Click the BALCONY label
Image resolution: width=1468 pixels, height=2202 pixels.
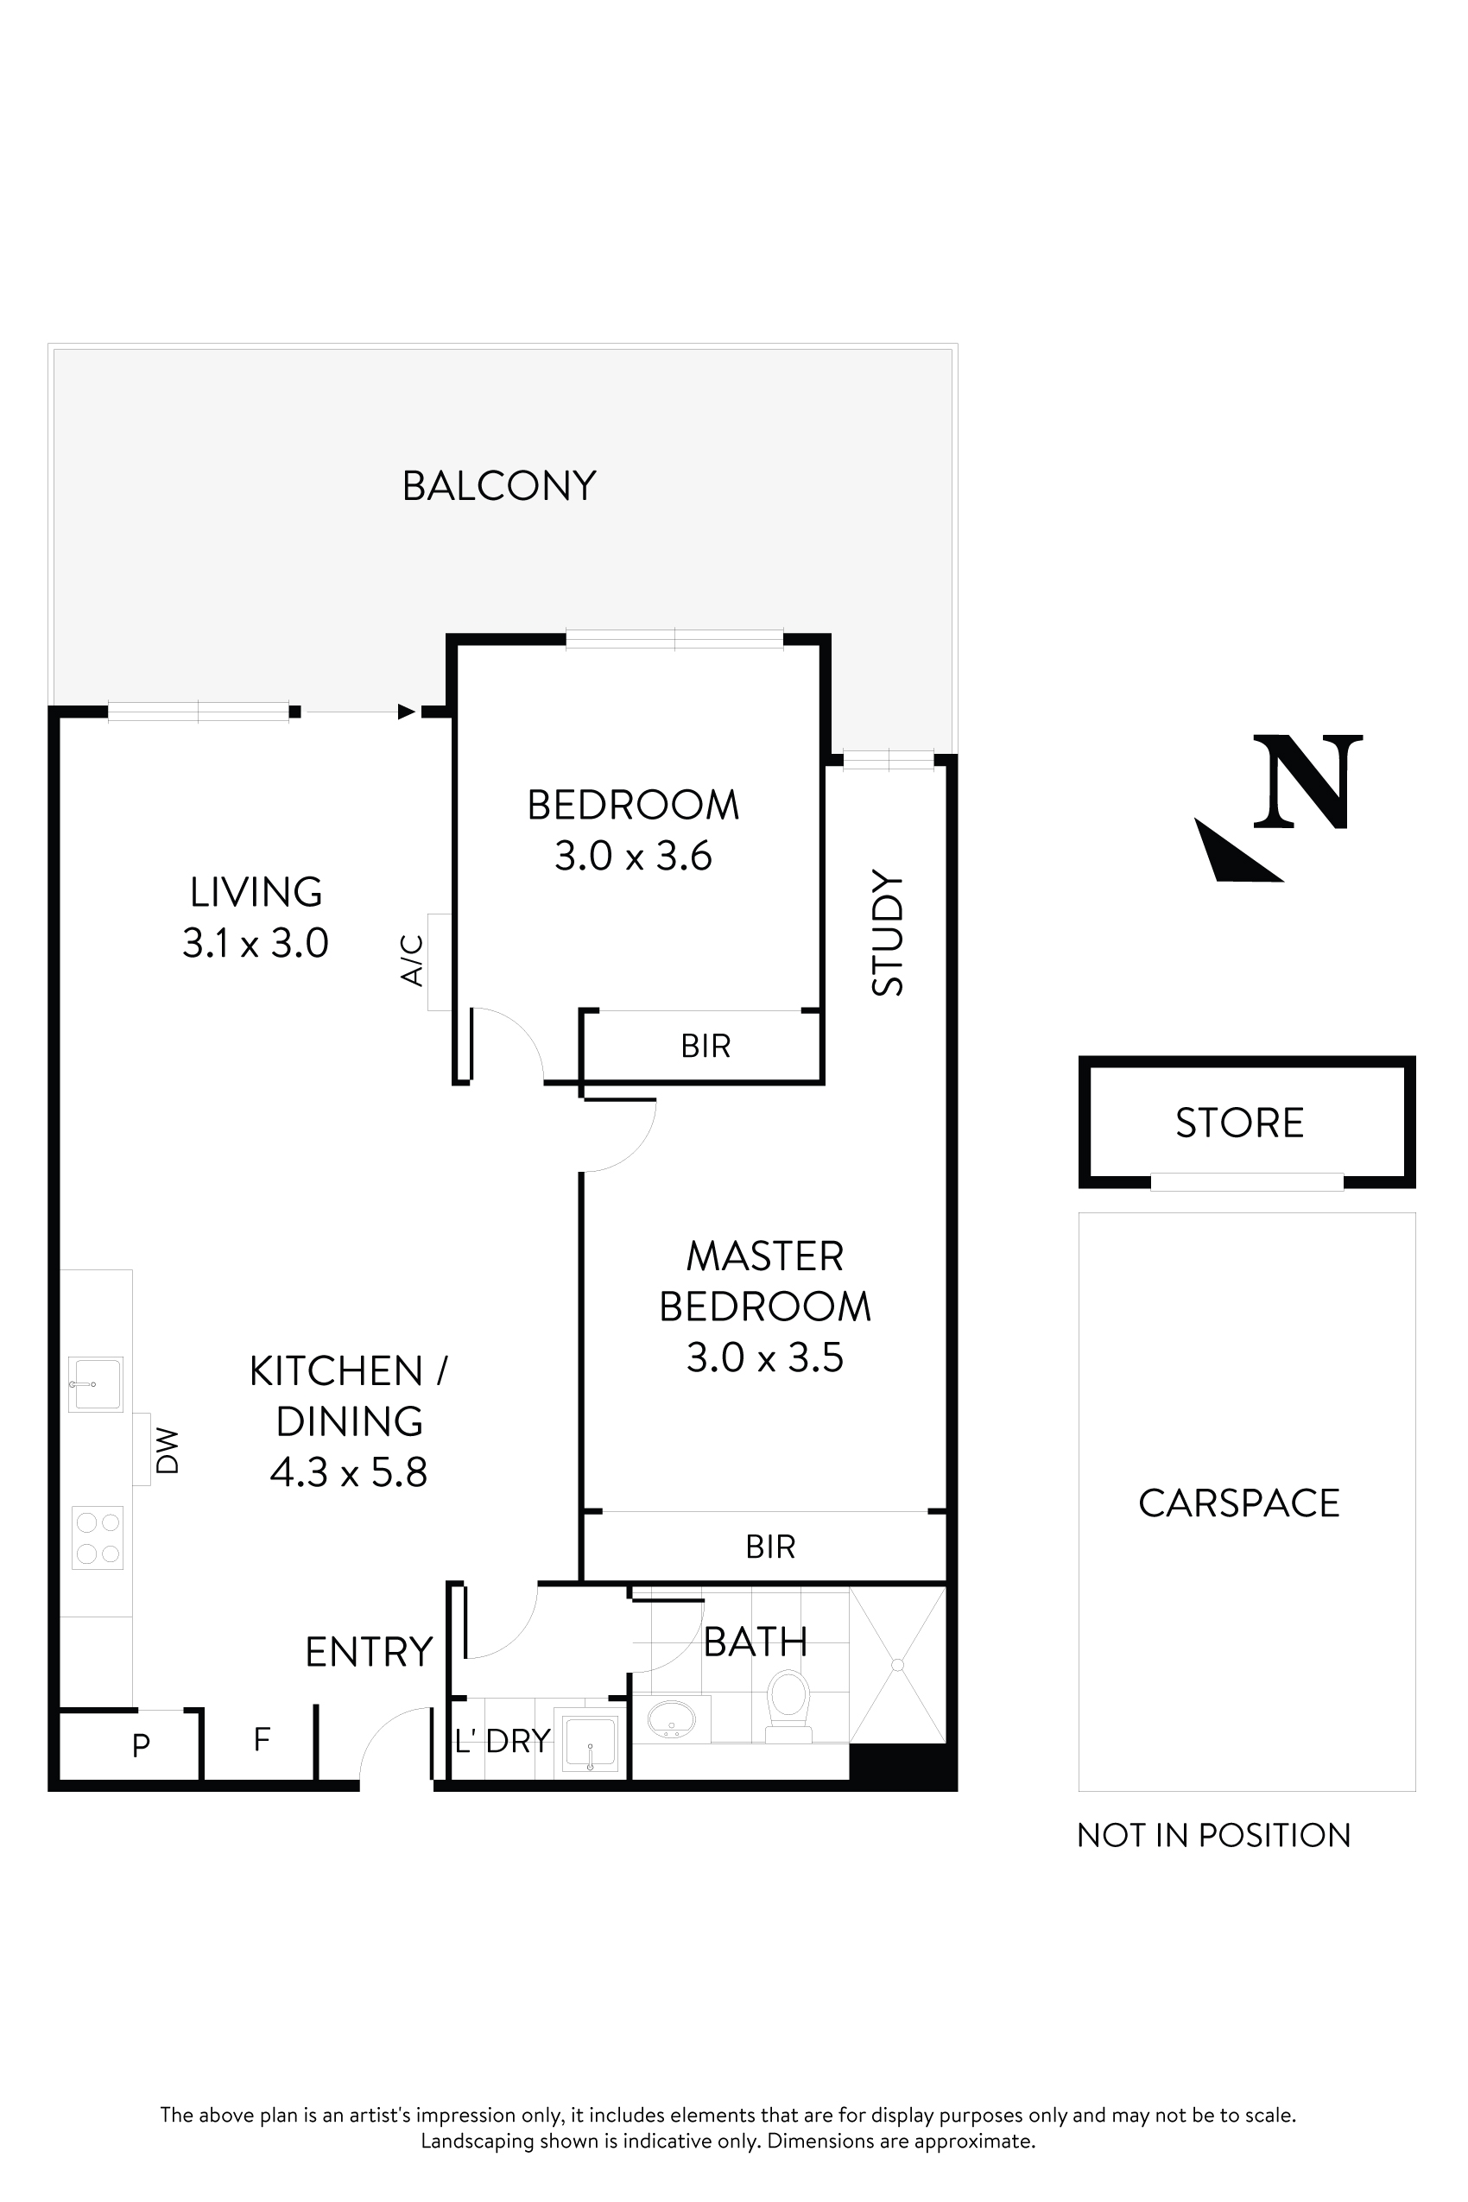[x=499, y=486]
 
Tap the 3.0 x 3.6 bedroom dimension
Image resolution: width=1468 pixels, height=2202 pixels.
[x=633, y=856]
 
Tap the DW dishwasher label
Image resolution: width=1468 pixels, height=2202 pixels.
[x=167, y=1450]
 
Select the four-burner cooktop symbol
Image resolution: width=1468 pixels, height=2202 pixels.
[x=98, y=1536]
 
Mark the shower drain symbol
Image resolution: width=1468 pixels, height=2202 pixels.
[x=897, y=1665]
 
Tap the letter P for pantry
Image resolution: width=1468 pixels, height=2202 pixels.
[x=141, y=1745]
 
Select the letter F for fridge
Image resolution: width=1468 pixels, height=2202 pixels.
[x=263, y=1739]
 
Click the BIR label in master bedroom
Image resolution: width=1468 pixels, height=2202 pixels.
[x=769, y=1547]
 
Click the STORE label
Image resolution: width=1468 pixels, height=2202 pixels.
[x=1239, y=1123]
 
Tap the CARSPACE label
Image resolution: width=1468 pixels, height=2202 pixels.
[x=1238, y=1503]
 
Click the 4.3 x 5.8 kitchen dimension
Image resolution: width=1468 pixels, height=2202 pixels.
[x=348, y=1471]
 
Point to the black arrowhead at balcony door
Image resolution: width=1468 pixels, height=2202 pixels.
[x=407, y=712]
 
